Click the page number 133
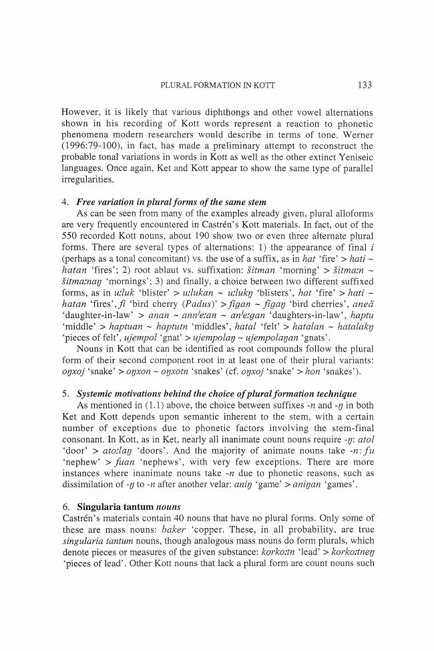(x=365, y=85)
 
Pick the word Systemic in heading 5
(x=98, y=394)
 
